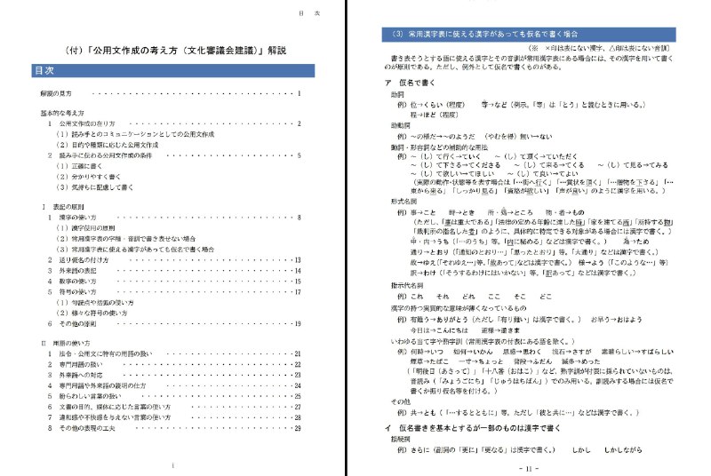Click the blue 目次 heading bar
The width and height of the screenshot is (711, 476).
(x=169, y=69)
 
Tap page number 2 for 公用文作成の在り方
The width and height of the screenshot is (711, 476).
(x=300, y=123)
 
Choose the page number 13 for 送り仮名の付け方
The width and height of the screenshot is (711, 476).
(x=298, y=259)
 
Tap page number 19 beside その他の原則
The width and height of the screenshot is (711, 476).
(x=298, y=324)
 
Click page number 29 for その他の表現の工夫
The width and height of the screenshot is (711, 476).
(x=298, y=427)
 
